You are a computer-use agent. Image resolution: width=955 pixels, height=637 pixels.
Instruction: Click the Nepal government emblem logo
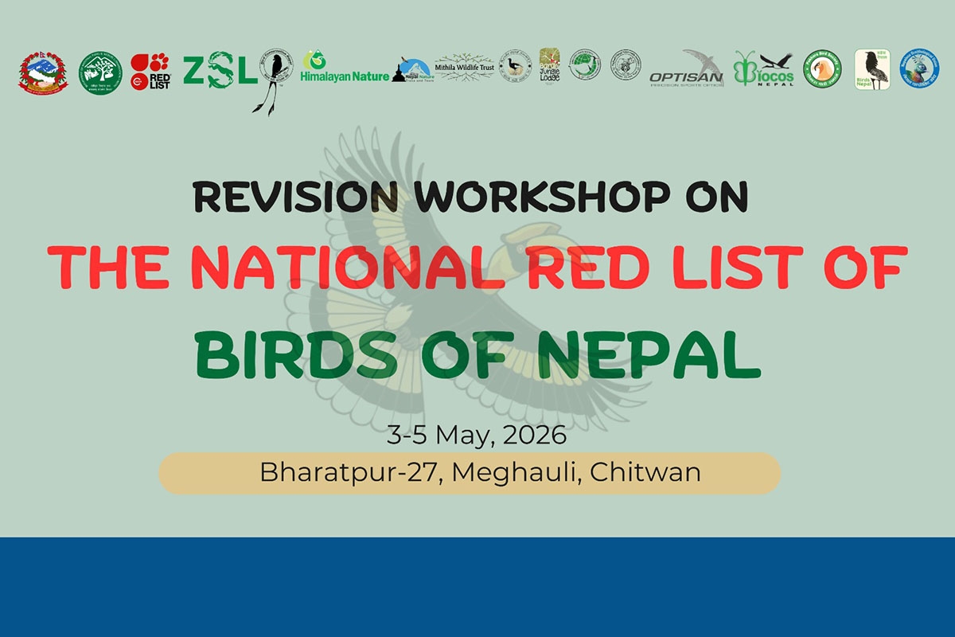[43, 73]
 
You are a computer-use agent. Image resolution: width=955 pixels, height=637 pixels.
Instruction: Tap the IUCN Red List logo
[150, 72]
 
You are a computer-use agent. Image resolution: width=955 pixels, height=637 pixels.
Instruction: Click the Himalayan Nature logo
[345, 69]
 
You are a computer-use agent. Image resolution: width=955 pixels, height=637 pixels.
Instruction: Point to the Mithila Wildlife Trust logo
[465, 68]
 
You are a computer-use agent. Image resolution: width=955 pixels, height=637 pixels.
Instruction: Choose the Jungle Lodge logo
[550, 68]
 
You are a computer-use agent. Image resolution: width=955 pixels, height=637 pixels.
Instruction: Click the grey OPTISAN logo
[686, 70]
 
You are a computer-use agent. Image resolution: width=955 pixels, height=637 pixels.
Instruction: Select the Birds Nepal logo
[872, 70]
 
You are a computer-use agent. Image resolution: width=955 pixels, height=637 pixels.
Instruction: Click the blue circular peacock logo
[919, 68]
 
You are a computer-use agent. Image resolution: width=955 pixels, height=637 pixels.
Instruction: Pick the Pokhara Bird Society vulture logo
[821, 70]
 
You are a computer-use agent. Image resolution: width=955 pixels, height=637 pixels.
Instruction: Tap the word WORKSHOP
[543, 197]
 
